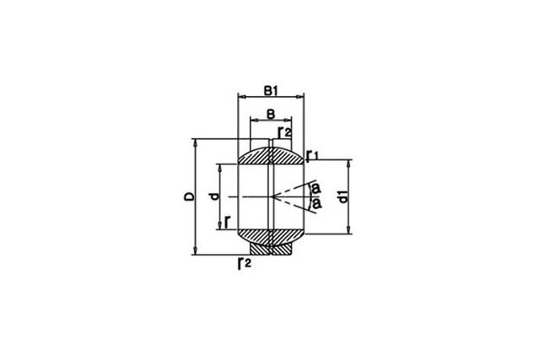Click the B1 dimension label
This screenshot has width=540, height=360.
(271, 91)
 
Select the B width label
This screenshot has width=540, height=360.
(271, 114)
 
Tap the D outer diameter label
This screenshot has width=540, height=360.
(189, 197)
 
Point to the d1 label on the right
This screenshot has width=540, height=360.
(343, 198)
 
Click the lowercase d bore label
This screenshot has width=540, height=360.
(215, 196)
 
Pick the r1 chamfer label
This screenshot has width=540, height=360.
(312, 155)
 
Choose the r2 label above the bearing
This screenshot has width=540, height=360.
(285, 132)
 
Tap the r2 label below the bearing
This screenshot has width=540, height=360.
(245, 264)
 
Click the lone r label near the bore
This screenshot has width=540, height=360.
(227, 222)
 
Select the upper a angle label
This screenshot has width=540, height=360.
(316, 188)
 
